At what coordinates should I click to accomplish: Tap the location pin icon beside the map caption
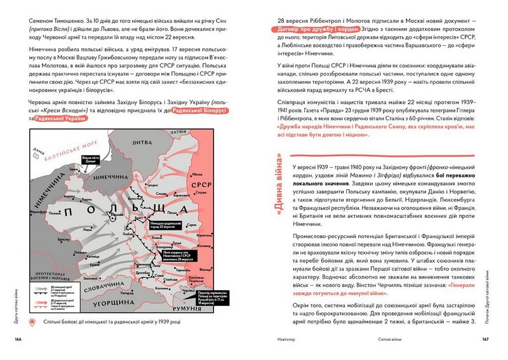(x=32, y=323)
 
